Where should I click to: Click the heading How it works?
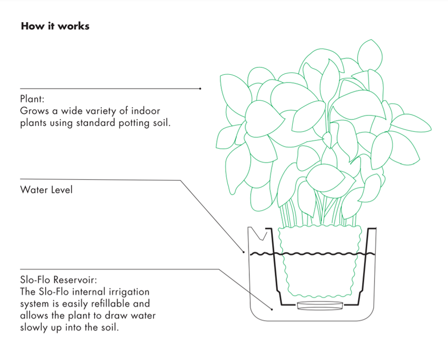coord(55,26)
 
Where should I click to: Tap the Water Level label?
coord(46,189)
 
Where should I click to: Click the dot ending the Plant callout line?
coord(201,89)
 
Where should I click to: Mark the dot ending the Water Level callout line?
coord(244,251)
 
